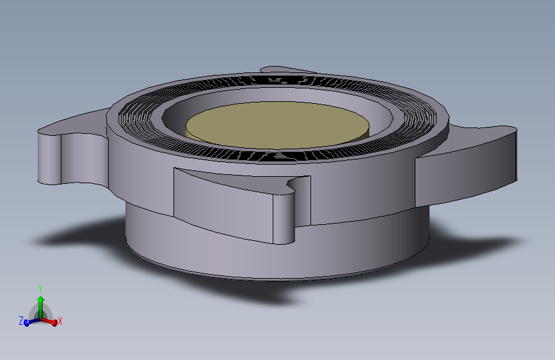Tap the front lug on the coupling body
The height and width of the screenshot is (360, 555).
(x=230, y=205)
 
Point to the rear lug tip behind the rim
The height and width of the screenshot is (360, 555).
(x=282, y=69)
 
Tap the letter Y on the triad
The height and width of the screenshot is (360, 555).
(x=40, y=288)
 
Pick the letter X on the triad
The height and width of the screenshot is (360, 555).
(x=60, y=321)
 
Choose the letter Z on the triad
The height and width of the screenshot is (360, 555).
(x=21, y=320)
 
